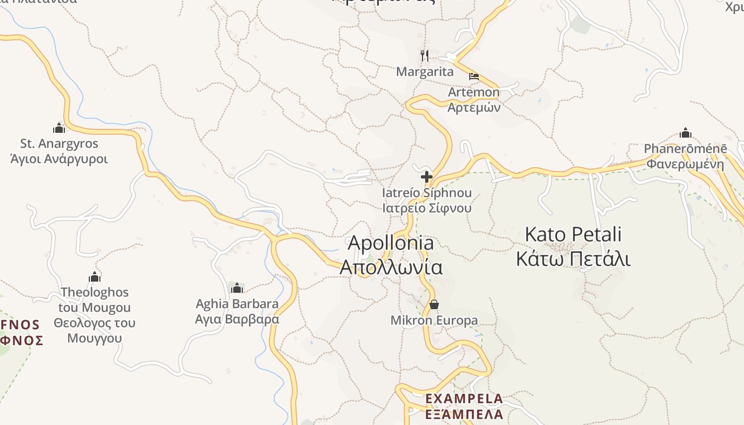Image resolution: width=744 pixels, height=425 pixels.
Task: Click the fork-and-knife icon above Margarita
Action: pyautogui.click(x=425, y=55)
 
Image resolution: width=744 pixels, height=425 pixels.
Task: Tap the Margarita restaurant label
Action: pyautogui.click(x=425, y=72)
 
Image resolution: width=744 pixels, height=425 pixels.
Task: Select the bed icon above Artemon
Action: pyautogui.click(x=474, y=76)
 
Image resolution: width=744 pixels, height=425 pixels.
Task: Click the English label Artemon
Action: pyautogui.click(x=474, y=92)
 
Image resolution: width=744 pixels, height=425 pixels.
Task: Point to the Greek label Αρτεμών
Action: pyautogui.click(x=474, y=107)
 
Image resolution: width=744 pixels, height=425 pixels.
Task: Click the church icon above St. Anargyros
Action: pyautogui.click(x=59, y=128)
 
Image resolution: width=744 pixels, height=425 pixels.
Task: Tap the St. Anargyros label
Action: pyautogui.click(x=59, y=143)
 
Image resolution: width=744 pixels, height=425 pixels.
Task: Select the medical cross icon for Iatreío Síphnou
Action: pyautogui.click(x=426, y=177)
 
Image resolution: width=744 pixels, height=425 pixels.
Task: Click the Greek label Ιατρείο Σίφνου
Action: pyautogui.click(x=427, y=208)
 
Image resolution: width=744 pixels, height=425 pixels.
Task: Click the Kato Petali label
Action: pyautogui.click(x=573, y=234)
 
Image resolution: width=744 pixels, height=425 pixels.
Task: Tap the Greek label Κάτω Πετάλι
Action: pyautogui.click(x=573, y=259)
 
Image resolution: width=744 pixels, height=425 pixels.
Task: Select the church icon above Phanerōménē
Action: pyautogui.click(x=686, y=133)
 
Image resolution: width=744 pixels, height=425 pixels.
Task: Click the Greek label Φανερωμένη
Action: pyautogui.click(x=685, y=164)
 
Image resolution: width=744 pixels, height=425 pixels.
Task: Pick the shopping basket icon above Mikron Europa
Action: pyautogui.click(x=434, y=304)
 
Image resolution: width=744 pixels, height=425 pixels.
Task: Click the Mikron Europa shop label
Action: pyautogui.click(x=434, y=320)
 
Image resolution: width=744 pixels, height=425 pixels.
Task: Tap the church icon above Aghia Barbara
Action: pyautogui.click(x=237, y=288)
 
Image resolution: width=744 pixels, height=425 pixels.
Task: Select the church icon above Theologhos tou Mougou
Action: pyautogui.click(x=95, y=277)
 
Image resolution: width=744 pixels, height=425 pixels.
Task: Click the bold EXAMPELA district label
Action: pyautogui.click(x=464, y=398)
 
